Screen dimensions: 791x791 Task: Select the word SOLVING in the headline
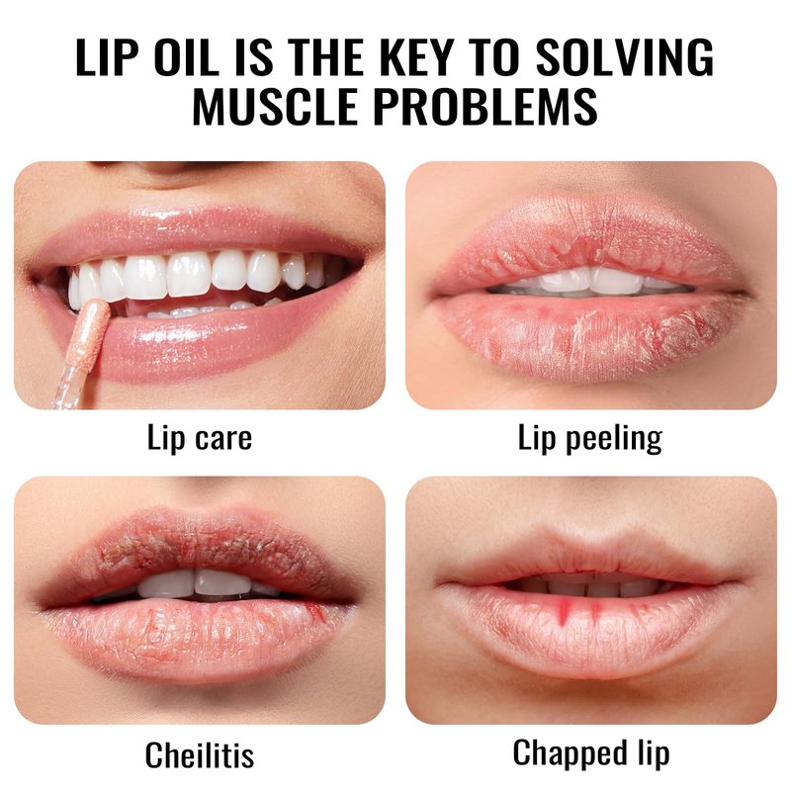[624, 56]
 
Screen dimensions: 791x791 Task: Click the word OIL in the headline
[186, 56]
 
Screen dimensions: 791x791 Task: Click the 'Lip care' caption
[200, 438]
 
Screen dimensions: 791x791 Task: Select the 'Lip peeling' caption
[589, 439]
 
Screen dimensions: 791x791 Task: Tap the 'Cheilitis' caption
[200, 755]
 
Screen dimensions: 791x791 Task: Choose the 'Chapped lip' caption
[590, 754]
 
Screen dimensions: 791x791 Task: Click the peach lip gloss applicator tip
[91, 331]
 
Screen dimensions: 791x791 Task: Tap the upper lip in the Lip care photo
[202, 233]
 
